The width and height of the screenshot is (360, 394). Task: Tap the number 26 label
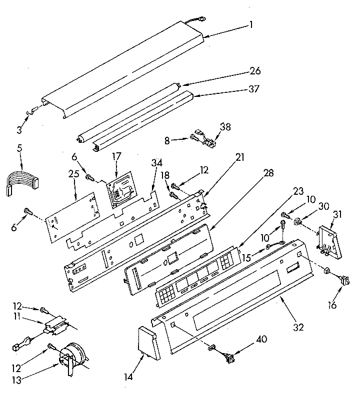(255, 71)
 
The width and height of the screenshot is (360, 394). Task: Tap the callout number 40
(260, 339)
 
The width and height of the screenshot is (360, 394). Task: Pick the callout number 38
(226, 127)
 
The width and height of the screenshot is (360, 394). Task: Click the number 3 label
(19, 131)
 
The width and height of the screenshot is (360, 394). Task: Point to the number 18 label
(164, 175)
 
